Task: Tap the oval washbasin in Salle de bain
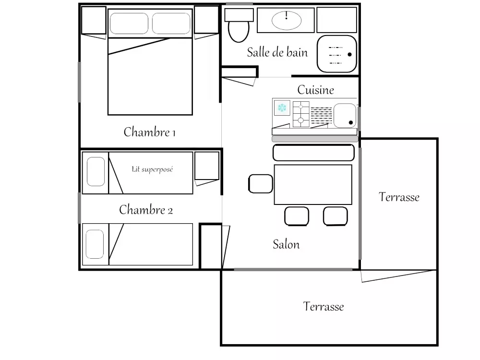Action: pos(287,20)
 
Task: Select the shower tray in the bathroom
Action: pos(337,54)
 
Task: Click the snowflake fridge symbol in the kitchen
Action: pos(282,108)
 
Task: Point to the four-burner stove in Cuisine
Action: pos(301,114)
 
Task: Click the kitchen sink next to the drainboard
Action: pos(345,115)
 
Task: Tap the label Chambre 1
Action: pos(149,132)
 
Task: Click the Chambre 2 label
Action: pos(146,210)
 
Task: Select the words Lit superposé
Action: pos(152,169)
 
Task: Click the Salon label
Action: pos(286,244)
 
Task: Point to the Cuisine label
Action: pos(316,90)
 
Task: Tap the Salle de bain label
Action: pos(277,52)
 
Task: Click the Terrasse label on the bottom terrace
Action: pos(323,306)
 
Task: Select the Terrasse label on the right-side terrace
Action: pos(399,197)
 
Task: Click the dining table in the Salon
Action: pos(313,185)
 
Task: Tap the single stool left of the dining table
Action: pos(261,184)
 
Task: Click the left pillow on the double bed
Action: pos(129,23)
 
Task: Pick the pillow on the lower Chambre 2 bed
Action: pos(95,244)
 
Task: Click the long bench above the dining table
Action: pos(313,153)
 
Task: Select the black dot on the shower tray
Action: pos(349,55)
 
